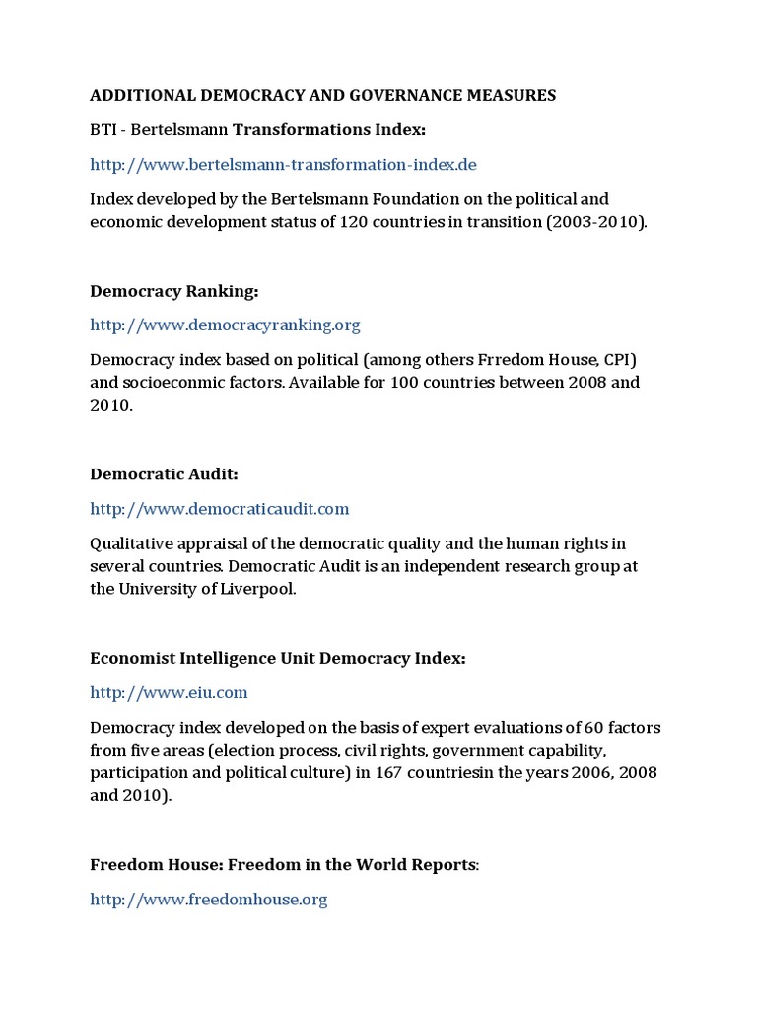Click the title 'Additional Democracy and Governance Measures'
[x=323, y=96]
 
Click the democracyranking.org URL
[x=225, y=325]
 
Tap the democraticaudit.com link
[x=219, y=509]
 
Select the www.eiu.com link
[x=169, y=692]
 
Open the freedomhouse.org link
[x=208, y=900]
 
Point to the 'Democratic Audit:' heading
[x=164, y=474]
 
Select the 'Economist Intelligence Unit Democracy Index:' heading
[x=277, y=658]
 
